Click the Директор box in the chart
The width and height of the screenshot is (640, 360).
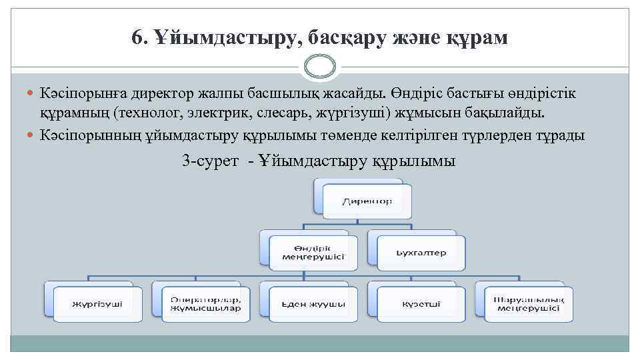coord(367,201)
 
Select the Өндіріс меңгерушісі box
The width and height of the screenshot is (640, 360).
coord(309,252)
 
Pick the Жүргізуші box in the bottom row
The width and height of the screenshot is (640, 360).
coord(97,303)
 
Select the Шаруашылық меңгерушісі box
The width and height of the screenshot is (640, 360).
coord(526,303)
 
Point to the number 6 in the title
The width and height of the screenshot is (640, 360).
coord(137,39)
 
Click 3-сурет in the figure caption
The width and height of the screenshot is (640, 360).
coord(209,161)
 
